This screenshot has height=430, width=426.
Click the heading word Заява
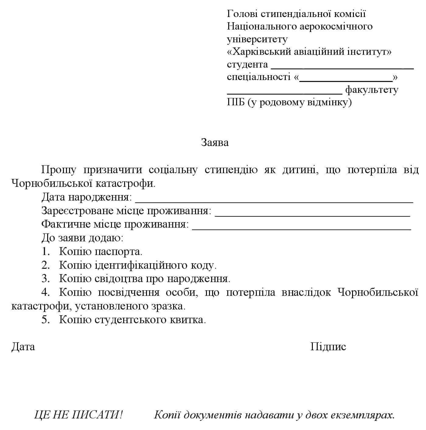[x=215, y=142]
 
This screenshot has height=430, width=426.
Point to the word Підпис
[x=328, y=347]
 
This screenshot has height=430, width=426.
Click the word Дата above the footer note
[x=23, y=347]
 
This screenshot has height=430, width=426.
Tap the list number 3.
[x=45, y=278]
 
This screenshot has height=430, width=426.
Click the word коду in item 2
[x=203, y=265]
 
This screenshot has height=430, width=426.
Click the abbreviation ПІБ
[x=236, y=103]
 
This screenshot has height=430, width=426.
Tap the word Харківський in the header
[x=261, y=52]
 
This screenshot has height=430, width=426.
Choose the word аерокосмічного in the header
[x=336, y=26]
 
